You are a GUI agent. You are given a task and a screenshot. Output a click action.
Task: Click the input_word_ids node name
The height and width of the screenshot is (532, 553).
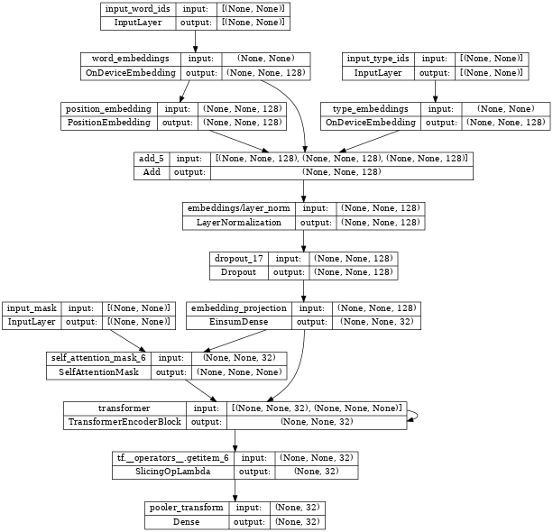pos(135,9)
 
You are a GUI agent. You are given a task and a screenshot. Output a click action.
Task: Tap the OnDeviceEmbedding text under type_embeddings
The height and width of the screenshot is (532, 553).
pos(372,122)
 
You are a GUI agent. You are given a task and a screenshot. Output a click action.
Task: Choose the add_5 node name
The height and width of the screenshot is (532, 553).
pos(151,159)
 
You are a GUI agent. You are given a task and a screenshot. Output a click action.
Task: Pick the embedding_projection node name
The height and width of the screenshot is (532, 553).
pos(239,307)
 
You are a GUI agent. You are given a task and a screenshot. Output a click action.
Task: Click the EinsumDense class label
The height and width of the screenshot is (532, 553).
pos(239,320)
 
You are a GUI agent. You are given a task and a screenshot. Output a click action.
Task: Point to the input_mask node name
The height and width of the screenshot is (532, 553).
pos(32,307)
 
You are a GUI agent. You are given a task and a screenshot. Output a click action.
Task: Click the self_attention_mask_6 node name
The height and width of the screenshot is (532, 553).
pos(97,357)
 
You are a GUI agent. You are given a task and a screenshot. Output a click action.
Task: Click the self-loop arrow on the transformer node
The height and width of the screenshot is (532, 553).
pos(413,414)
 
